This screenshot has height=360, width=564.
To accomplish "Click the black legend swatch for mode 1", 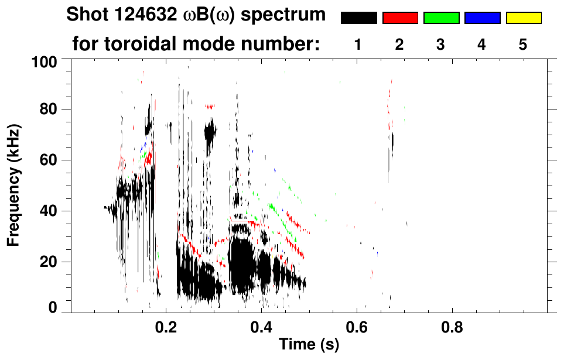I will point(358,18).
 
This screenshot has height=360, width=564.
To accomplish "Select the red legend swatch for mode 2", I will point(400,18).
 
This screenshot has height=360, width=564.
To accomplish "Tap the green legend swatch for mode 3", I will point(441,18).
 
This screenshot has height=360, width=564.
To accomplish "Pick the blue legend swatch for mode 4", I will point(482,18).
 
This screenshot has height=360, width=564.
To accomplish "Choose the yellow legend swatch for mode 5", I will point(524,18).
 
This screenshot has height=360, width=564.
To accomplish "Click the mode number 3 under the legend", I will point(441,45).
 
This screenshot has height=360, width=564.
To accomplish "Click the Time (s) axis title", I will point(309,345).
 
